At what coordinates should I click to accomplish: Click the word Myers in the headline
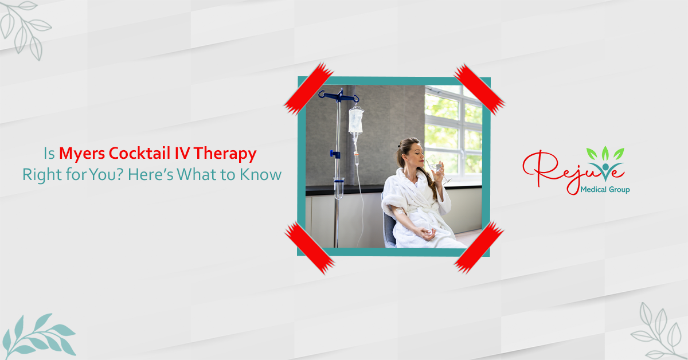pyautogui.click(x=82, y=153)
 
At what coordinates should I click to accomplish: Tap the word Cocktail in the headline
pyautogui.click(x=140, y=153)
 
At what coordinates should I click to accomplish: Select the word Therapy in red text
pyautogui.click(x=225, y=154)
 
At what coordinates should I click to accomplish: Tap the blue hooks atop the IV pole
pyautogui.click(x=339, y=96)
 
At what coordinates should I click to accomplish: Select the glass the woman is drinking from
pyautogui.click(x=439, y=170)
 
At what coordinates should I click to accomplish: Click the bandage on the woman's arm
pyautogui.click(x=400, y=212)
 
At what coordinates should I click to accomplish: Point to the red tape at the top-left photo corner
pyautogui.click(x=308, y=89)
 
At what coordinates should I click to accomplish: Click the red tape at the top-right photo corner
pyautogui.click(x=479, y=89)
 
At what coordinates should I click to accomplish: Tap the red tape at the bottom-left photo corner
pyautogui.click(x=310, y=248)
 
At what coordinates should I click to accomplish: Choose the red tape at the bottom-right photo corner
pyautogui.click(x=479, y=247)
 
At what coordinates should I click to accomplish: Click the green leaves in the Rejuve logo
pyautogui.click(x=605, y=153)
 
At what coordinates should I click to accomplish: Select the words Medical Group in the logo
pyautogui.click(x=605, y=190)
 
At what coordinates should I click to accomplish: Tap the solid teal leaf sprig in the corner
pyautogui.click(x=39, y=336)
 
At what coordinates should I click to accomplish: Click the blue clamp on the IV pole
pyautogui.click(x=335, y=154)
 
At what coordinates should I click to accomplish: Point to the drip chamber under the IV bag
pyautogui.click(x=356, y=159)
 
